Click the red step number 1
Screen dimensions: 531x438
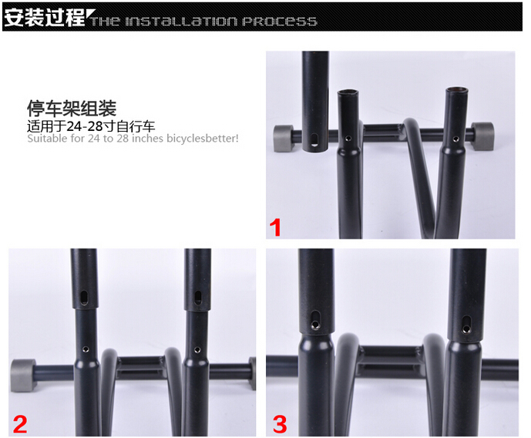tap(276, 227)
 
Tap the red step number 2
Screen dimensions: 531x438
tap(20, 424)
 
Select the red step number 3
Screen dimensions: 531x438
tap(280, 424)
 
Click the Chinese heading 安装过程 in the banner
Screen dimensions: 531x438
tap(44, 17)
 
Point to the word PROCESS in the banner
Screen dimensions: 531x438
tap(280, 22)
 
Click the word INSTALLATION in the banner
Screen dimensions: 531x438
tap(181, 22)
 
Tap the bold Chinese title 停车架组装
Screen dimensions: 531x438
tap(72, 109)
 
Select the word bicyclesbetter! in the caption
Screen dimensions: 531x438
tap(203, 139)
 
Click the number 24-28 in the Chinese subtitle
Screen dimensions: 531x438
tap(84, 126)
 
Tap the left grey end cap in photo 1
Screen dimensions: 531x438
tap(283, 139)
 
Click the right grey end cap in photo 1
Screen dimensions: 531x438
tap(482, 136)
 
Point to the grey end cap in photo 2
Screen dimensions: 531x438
tap(23, 376)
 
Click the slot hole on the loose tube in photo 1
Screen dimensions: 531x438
tap(315, 140)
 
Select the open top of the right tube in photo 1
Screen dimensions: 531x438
tap(456, 90)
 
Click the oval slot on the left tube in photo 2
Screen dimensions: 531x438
tap(83, 297)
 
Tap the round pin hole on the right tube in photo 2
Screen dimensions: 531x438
tap(197, 349)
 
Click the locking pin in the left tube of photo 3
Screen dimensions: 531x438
tap(315, 325)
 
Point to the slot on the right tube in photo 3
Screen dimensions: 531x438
tap(466, 324)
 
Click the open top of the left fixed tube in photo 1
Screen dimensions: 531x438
tap(348, 92)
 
